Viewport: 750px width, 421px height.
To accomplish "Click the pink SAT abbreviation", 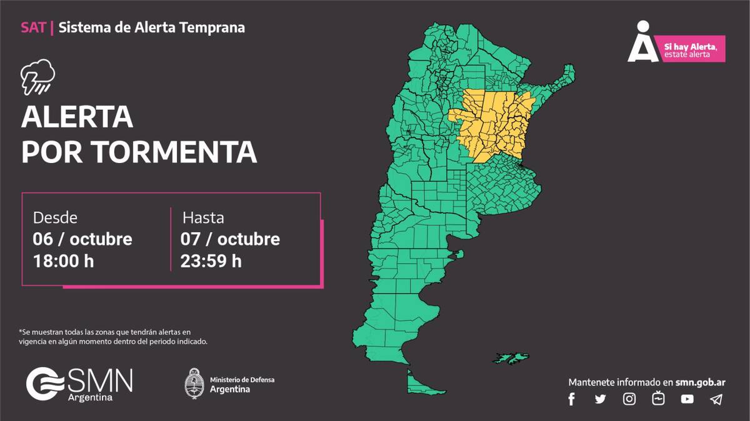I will coord(32,27).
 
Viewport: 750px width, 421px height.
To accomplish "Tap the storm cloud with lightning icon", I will coord(37,76).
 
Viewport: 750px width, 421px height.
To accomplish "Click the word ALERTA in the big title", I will coord(77,117).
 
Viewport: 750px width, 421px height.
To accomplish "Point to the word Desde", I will coord(55,218).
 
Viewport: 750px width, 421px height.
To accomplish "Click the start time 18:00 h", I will coord(63,260).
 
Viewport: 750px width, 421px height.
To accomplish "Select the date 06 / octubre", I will coord(82,239).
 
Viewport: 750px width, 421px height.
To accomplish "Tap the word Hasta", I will coord(203,218).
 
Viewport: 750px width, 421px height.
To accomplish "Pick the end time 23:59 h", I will coord(211,260).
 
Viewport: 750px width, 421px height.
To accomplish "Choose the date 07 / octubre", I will coord(230,239).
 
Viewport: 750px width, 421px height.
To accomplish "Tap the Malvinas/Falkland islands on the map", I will coord(510,358).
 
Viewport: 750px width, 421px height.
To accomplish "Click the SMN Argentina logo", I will coord(79,384).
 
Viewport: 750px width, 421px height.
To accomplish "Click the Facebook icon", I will coord(571,399).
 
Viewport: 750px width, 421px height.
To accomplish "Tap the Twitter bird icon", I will coord(600,399).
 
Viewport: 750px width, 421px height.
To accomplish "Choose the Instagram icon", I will coord(629,399).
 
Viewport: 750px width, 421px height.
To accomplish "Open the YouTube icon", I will coord(687,399).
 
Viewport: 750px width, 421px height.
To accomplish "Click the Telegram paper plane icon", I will coord(716,399).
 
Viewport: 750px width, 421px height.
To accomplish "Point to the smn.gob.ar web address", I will coord(701,382).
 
